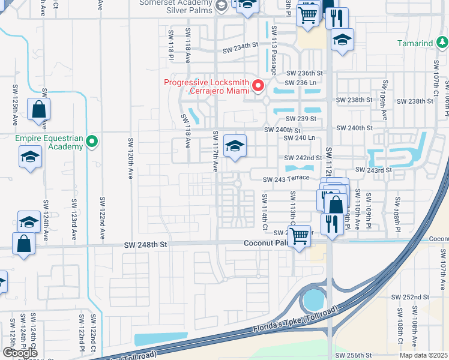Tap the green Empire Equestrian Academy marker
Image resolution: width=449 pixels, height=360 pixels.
tap(91, 142)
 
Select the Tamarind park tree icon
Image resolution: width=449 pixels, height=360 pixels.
tap(442, 43)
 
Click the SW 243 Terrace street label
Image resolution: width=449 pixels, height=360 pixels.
tap(288, 179)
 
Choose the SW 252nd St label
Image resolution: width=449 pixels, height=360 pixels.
tap(410, 297)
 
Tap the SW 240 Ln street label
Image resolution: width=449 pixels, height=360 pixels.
tap(300, 137)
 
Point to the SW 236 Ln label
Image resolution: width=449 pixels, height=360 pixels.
tap(300, 83)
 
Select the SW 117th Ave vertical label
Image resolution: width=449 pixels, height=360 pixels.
tap(214, 151)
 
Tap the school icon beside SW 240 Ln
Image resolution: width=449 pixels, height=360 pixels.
tap(235, 145)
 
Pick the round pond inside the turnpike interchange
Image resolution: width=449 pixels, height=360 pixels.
tap(312, 298)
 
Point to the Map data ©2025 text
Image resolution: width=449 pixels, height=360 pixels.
tap(424, 355)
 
